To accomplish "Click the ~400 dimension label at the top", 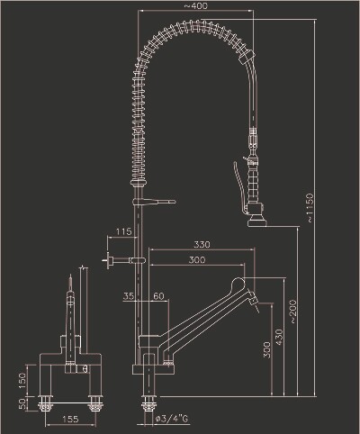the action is coord(195,5).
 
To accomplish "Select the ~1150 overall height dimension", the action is coord(310,208).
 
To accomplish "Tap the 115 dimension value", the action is coord(124,231).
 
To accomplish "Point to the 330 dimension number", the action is coord(202,245).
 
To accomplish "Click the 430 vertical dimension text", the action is coord(279,337).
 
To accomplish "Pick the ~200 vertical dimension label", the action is coord(292,312).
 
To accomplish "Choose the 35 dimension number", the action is coord(129,296).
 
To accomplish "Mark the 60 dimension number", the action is coord(158,296).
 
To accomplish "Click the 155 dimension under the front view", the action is coord(70,419).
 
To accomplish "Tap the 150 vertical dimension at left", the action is coord(22,381).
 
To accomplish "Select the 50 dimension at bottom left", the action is coord(22,403).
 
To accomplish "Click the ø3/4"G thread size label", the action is coord(172,419).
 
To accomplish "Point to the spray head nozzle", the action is coord(257,220).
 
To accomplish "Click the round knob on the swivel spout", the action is coord(238,284).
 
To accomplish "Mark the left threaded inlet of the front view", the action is coord(46,403).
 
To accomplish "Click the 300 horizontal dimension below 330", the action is coord(197,259).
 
